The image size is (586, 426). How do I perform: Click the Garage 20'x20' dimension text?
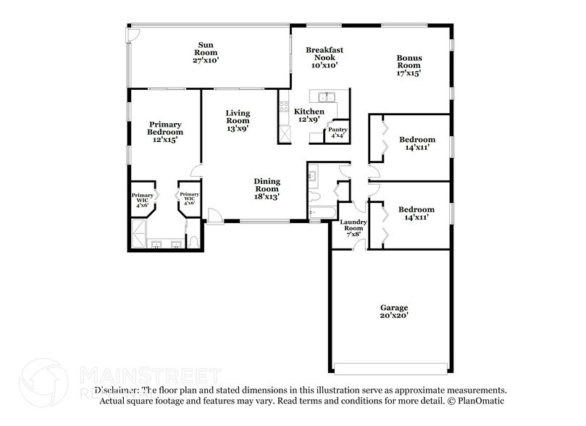pos(395,316)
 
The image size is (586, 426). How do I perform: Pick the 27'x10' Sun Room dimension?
pos(206,61)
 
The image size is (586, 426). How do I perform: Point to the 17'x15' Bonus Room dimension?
pos(409,73)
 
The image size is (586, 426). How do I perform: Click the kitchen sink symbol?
pos(325,96)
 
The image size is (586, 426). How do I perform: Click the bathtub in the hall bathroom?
pos(321,212)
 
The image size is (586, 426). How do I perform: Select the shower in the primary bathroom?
pos(138,232)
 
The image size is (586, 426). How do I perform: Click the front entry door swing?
pos(214,215)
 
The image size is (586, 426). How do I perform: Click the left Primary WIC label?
pos(142,199)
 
